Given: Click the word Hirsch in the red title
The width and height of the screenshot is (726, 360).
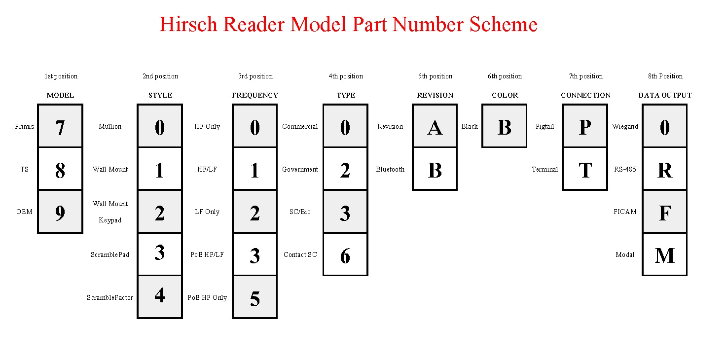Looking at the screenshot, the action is tap(188, 24).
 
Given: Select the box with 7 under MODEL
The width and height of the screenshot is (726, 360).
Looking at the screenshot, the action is tap(60, 126).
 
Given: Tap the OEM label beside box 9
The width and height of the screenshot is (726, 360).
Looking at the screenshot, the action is tap(24, 212).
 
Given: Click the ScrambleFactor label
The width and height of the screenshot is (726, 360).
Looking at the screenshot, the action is tap(110, 297).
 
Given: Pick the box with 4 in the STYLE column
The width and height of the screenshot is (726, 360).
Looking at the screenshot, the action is tap(160, 297).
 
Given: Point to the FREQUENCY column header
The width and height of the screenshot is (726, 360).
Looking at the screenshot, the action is tap(255, 95).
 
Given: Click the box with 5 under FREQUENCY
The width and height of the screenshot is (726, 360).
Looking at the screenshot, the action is tap(255, 297).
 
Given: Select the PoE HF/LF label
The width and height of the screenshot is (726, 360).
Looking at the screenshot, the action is tap(207, 254).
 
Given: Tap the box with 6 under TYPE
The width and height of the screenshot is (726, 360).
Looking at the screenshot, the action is tap(346, 254).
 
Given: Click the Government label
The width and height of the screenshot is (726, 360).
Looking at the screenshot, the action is tap(300, 169).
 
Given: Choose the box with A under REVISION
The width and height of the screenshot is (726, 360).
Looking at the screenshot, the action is tap(435, 126).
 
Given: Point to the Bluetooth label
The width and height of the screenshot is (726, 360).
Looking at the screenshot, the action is tap(390, 169).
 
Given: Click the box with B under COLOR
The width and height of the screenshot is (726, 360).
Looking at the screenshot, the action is tap(505, 126).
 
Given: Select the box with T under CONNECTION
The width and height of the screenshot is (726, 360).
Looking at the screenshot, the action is tap(585, 169).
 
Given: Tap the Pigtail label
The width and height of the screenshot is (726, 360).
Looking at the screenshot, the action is tap(545, 126).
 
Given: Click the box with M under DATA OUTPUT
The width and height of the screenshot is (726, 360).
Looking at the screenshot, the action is tap(665, 254).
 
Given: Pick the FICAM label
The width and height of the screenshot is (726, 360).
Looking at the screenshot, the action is tap(625, 212).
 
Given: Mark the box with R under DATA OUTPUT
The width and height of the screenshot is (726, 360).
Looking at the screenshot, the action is tap(665, 169).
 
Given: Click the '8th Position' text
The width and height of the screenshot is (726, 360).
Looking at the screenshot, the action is tap(665, 76).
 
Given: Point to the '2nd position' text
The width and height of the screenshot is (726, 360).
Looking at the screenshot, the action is tap(160, 76).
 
